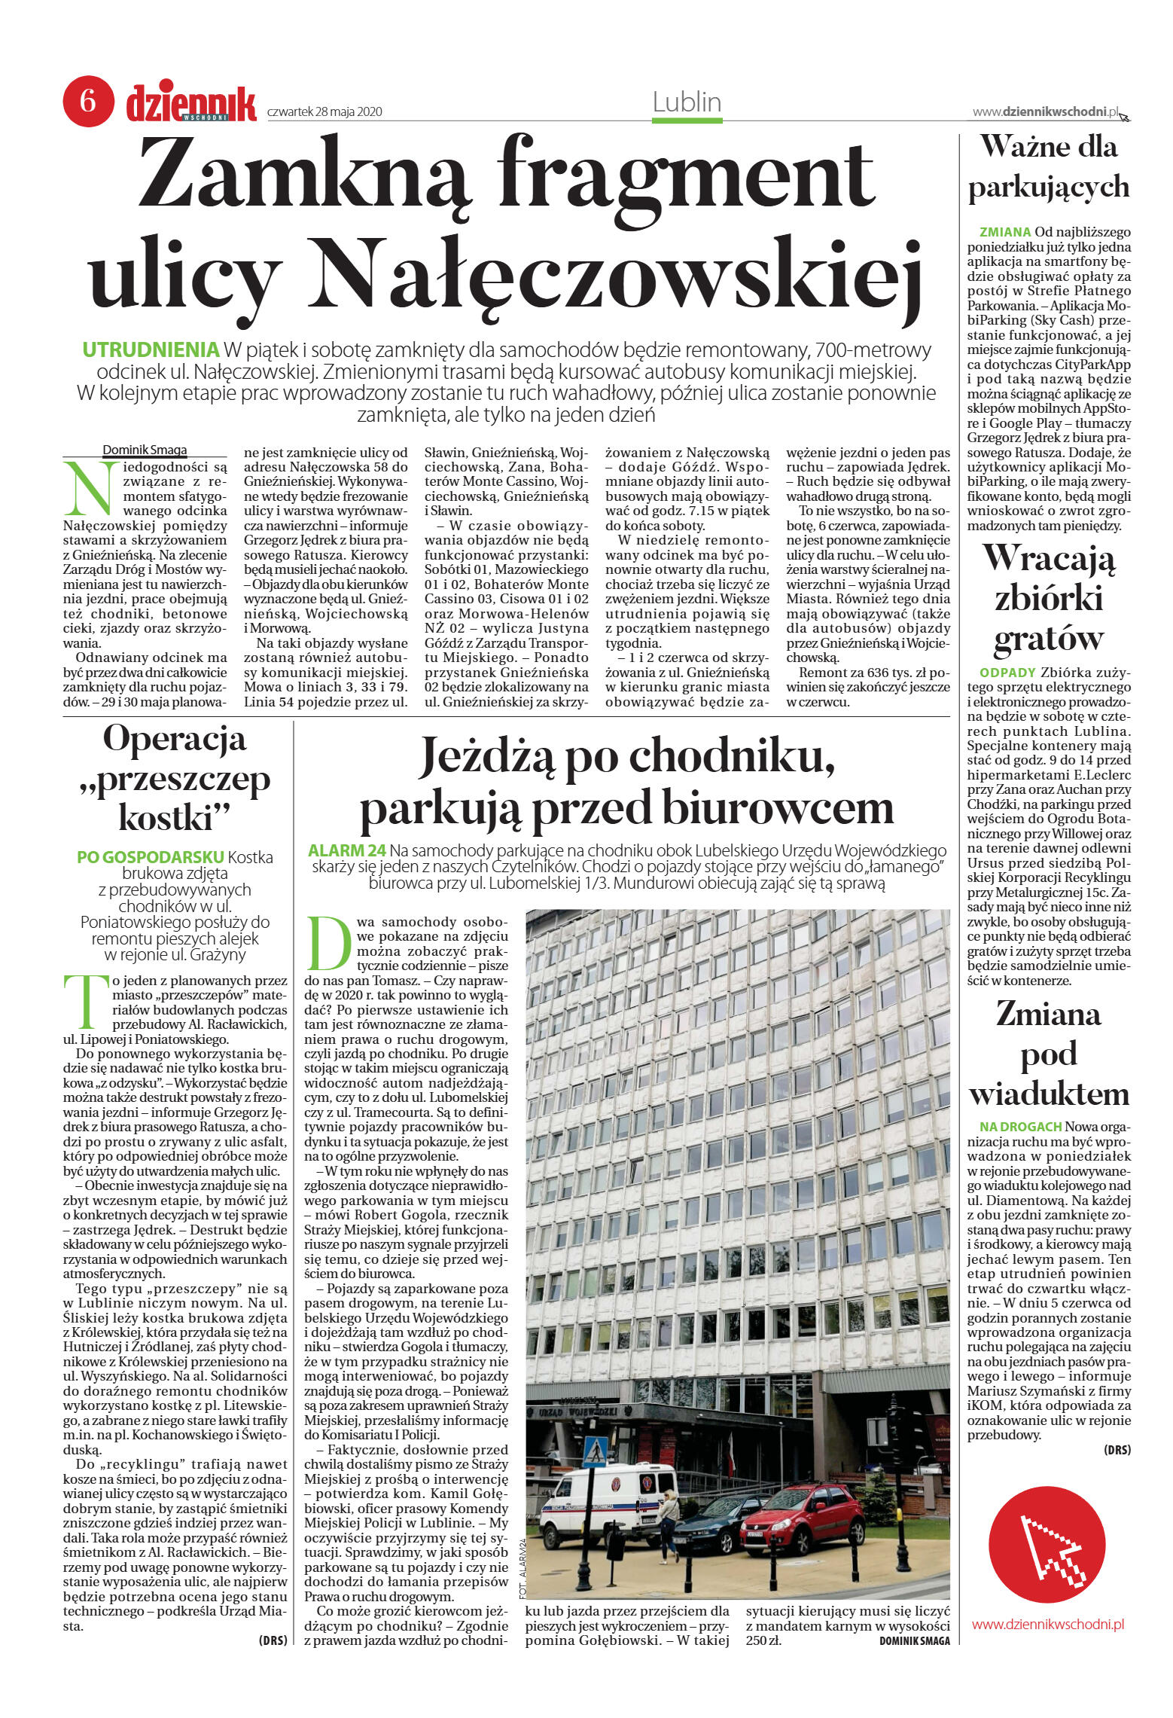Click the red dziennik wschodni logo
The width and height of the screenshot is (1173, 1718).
191,103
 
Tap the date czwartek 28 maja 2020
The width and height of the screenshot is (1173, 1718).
325,112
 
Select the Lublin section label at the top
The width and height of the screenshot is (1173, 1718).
687,102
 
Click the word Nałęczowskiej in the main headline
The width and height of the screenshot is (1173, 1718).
620,273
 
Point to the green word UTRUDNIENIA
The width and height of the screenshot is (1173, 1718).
150,350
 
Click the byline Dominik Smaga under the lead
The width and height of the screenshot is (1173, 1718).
145,450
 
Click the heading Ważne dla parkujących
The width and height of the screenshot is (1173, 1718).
1049,166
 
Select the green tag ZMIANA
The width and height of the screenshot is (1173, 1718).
1005,232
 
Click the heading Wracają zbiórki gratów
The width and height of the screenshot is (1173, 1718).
1049,597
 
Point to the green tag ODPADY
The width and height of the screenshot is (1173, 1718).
1008,672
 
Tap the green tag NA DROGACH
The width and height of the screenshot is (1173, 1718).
1020,1126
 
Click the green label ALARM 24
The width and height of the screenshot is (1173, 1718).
347,850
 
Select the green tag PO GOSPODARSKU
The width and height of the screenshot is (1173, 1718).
151,857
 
